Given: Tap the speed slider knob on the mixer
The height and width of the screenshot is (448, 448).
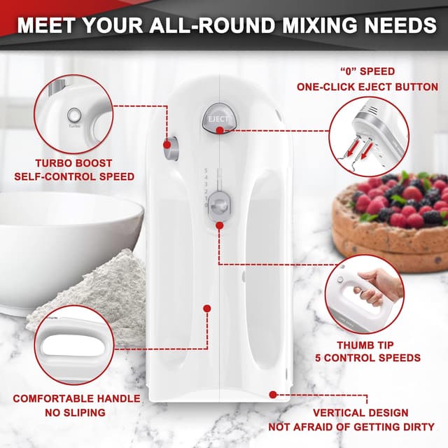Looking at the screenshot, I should click(220, 205).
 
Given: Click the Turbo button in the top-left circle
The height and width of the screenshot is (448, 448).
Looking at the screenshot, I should click(74, 115).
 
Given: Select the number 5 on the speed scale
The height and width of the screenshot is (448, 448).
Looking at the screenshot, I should click(206, 171).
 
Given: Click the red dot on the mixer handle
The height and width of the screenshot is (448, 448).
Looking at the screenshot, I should click(207, 307).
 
